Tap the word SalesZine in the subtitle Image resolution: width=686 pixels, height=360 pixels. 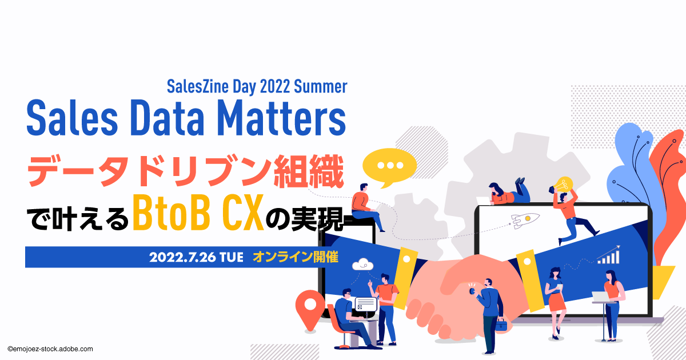[198, 87]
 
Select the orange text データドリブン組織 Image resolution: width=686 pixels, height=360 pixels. [186, 171]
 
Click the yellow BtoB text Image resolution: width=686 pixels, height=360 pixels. [171, 213]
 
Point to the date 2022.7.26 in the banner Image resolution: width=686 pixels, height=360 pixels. [182, 258]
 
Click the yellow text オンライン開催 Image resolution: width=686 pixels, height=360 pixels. [296, 257]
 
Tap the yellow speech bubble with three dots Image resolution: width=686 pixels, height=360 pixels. [389, 167]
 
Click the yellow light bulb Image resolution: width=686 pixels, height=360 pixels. [564, 185]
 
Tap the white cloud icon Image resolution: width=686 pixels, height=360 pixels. [362, 265]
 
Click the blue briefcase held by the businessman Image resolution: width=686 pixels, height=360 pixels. [501, 325]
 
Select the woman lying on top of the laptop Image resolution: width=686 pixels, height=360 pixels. [509, 191]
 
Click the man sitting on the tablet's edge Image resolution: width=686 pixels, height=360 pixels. [366, 207]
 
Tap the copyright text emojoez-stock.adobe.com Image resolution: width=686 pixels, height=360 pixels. [50, 349]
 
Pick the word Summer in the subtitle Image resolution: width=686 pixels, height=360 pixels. [321, 87]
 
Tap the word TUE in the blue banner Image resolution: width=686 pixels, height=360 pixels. [232, 258]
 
